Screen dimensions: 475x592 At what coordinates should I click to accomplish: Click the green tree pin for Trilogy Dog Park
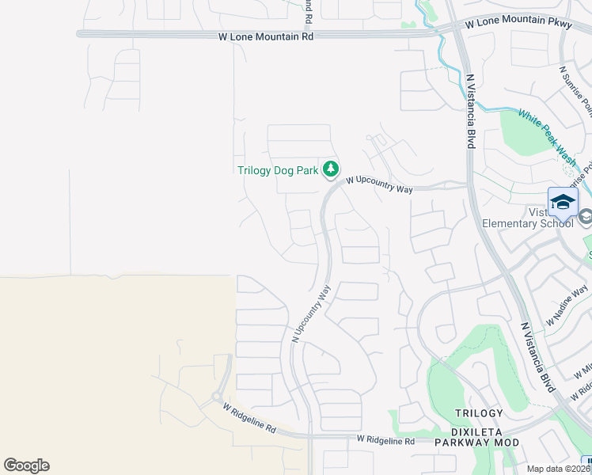(331, 169)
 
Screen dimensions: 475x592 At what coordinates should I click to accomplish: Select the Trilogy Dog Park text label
(278, 169)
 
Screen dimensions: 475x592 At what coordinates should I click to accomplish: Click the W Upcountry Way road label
(379, 186)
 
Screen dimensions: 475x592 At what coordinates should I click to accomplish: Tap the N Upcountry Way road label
(311, 314)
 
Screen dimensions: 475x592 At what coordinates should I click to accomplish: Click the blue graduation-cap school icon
(563, 203)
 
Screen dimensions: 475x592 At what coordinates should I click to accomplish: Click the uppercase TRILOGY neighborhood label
(479, 413)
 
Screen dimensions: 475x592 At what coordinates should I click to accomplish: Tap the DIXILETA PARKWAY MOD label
(477, 442)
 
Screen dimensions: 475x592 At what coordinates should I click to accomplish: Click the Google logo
(26, 465)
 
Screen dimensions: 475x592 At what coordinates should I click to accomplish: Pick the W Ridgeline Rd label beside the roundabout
(249, 418)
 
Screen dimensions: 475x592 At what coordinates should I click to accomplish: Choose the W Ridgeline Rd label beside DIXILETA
(385, 439)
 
